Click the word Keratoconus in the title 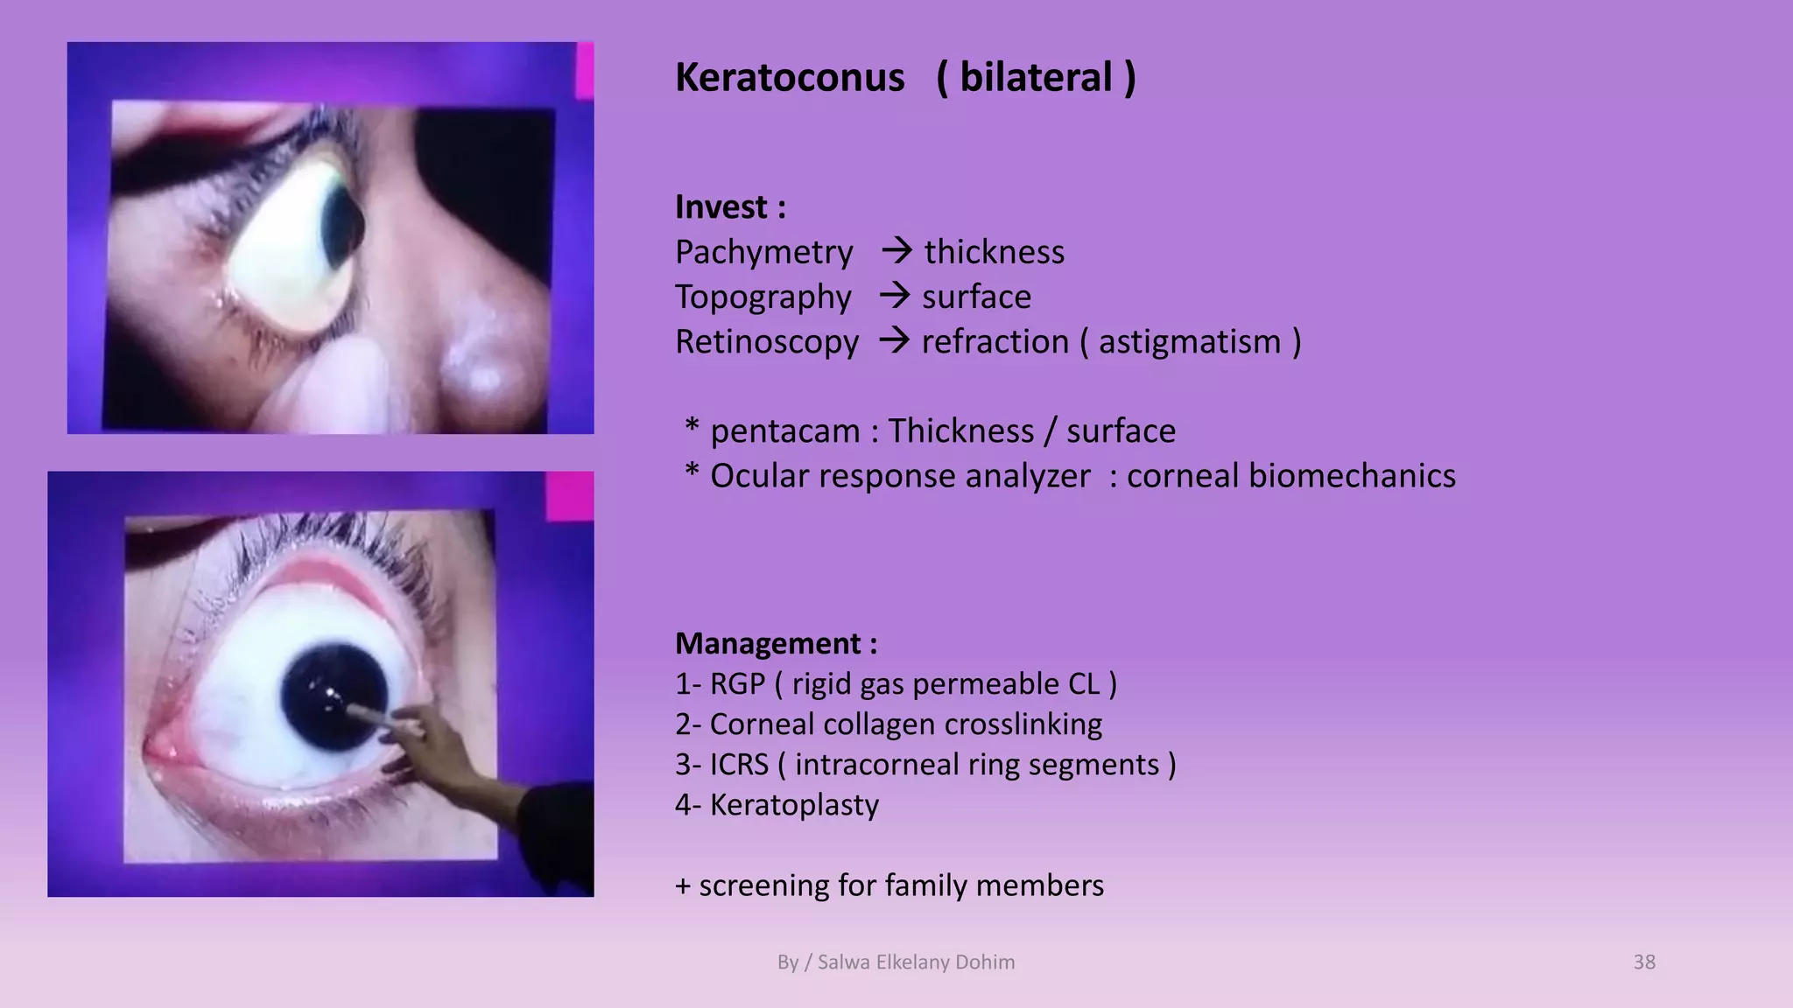(x=789, y=78)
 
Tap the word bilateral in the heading (x=1036, y=78)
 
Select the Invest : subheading (x=730, y=207)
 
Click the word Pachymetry (x=763, y=253)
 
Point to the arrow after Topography (x=895, y=296)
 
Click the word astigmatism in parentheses (x=1190, y=342)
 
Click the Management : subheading (x=776, y=644)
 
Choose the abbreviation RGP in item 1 (x=737, y=684)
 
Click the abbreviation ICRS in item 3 (x=739, y=765)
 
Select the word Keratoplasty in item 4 (x=794, y=805)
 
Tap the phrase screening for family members (x=901, y=885)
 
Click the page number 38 (x=1643, y=962)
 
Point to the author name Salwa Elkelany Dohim (x=916, y=962)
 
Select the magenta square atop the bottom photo (x=570, y=495)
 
